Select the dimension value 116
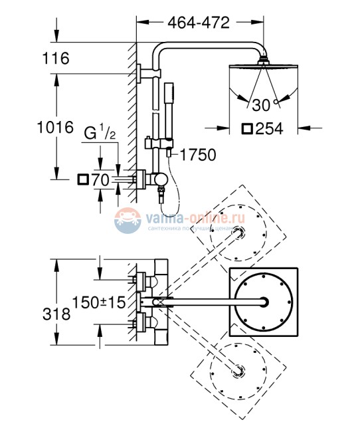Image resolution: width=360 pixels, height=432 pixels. tap(55, 59)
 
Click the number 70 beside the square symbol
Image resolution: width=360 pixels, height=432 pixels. tap(101, 179)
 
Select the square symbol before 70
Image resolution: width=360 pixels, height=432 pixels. tap(83, 179)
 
